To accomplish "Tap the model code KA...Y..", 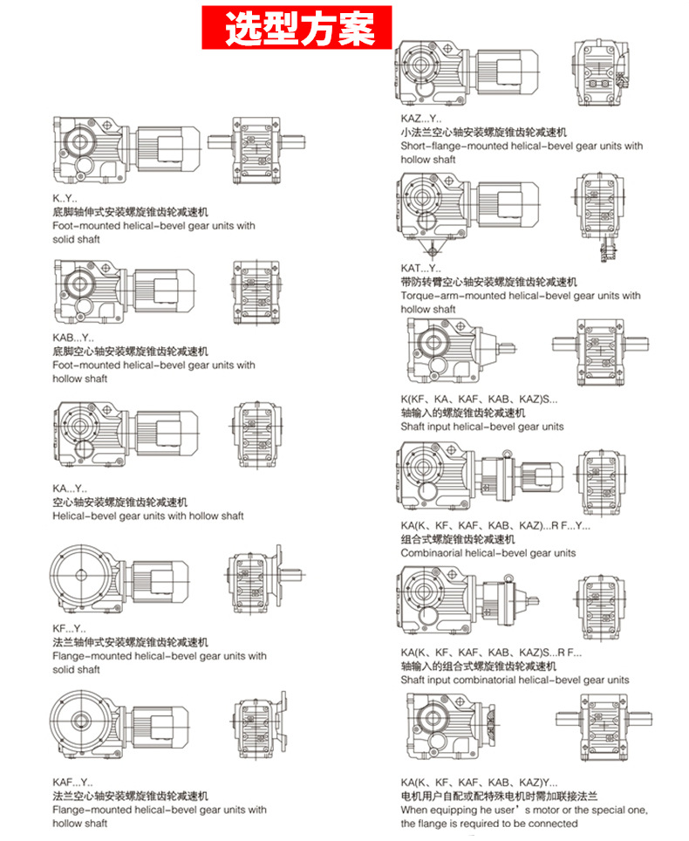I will pyautogui.click(x=70, y=489).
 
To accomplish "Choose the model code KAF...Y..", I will pyautogui.click(x=72, y=783).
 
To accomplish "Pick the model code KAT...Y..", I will pyautogui.click(x=421, y=269).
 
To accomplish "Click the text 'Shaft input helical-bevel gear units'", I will pyautogui.click(x=481, y=427).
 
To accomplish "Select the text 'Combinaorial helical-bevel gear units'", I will pyautogui.click(x=488, y=552).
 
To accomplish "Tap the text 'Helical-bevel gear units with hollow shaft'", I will pyautogui.click(x=148, y=516).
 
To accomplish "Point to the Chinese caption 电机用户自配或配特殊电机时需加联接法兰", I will pyautogui.click(x=499, y=797).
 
